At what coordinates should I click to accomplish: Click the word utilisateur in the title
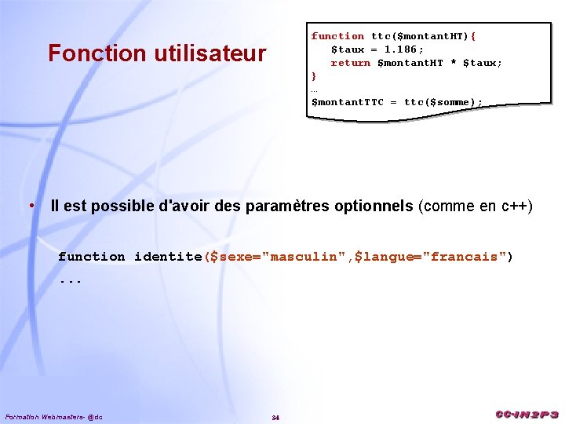click(x=209, y=53)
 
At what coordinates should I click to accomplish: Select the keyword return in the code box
click(x=350, y=63)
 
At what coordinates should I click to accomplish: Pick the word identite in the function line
click(x=168, y=257)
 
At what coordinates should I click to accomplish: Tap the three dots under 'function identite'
click(x=70, y=280)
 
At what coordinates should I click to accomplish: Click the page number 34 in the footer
click(x=275, y=416)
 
